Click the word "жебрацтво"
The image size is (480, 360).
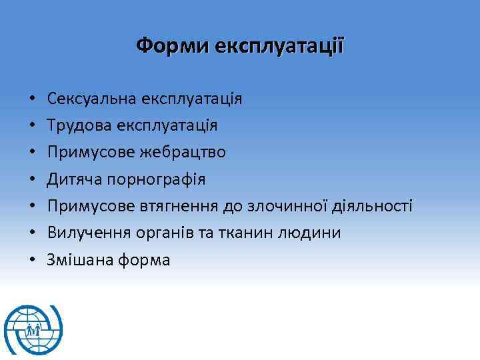[x=183, y=153]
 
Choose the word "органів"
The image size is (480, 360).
[x=160, y=233]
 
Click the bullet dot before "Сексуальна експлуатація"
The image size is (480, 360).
[x=31, y=100]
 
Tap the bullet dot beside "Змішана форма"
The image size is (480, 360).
[x=31, y=260]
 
